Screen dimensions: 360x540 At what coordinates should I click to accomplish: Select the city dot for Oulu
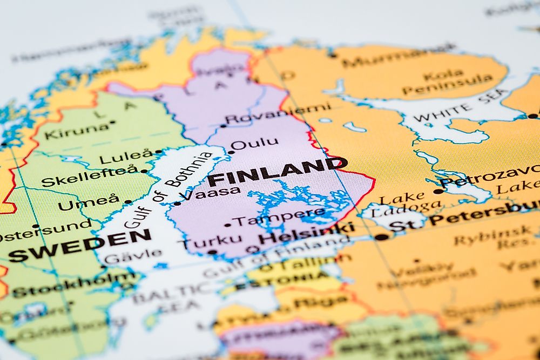pyautogui.click(x=231, y=152)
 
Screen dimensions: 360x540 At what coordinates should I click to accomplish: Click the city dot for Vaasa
pyautogui.click(x=177, y=203)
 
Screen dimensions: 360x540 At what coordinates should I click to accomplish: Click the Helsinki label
pyautogui.click(x=306, y=234)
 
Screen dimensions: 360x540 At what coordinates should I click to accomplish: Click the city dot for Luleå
pyautogui.click(x=158, y=152)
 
